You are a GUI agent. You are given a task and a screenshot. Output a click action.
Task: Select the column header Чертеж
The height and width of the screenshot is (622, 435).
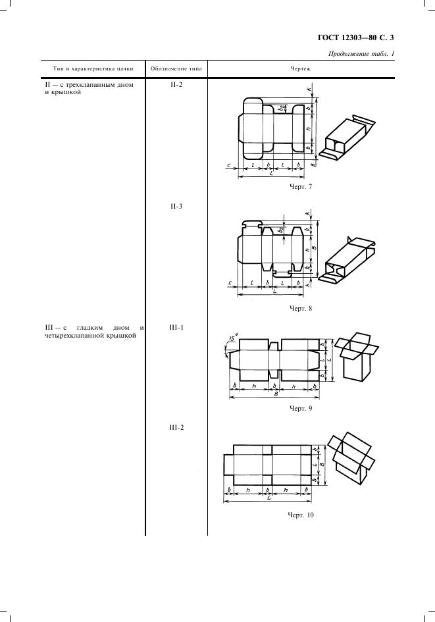tap(301, 68)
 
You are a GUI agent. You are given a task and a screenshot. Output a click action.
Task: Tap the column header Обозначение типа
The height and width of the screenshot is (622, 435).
tap(176, 68)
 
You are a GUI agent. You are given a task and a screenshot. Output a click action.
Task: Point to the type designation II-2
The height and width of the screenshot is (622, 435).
tap(176, 84)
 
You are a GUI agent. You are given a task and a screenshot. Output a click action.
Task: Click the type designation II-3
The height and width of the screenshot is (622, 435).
tap(176, 206)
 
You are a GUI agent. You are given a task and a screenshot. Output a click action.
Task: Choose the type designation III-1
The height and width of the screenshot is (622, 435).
tap(176, 328)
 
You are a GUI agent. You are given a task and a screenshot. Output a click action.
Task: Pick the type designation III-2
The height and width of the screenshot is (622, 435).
tap(176, 428)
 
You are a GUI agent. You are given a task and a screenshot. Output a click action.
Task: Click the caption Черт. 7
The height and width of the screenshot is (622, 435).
tap(301, 186)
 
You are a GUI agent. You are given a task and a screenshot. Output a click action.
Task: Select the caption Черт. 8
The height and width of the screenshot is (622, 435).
tap(301, 308)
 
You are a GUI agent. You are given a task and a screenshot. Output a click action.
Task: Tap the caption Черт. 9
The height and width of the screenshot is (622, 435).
tap(301, 408)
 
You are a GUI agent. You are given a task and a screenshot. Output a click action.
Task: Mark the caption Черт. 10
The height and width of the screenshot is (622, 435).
tap(301, 515)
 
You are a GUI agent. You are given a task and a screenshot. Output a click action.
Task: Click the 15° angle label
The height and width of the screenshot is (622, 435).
tap(233, 338)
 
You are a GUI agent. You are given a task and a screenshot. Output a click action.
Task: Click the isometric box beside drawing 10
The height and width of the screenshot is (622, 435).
tap(351, 458)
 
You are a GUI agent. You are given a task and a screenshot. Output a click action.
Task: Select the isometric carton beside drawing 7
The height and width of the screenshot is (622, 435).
tap(349, 138)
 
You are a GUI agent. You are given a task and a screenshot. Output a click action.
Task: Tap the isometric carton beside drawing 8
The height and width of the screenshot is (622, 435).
tap(349, 260)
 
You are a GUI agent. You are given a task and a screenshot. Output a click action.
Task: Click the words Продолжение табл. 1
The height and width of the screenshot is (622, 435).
tap(361, 54)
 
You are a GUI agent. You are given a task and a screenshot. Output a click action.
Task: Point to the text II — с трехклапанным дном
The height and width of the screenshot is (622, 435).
tap(90, 84)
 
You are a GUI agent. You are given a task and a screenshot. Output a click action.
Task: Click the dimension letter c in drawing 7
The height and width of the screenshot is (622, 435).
tap(229, 165)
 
